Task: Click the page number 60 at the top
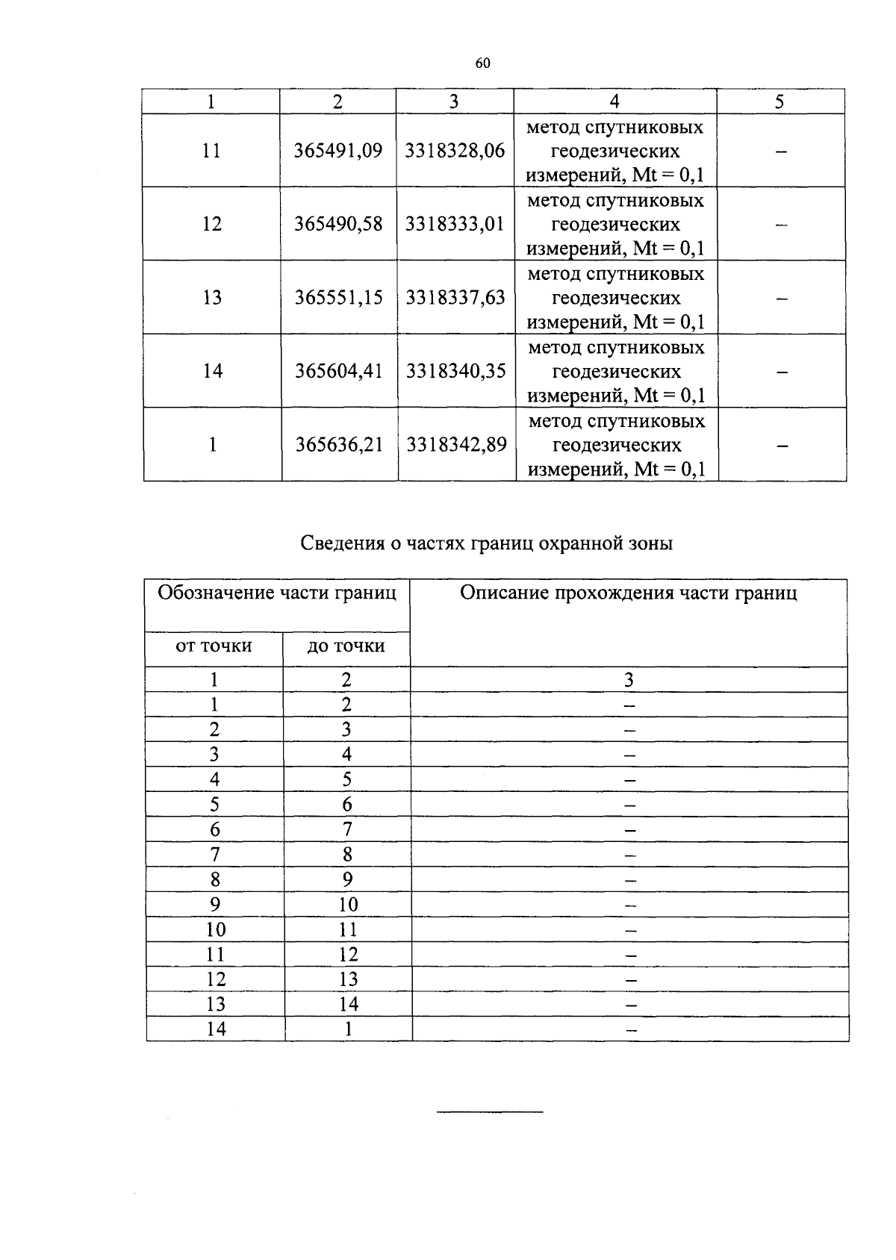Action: click(x=482, y=63)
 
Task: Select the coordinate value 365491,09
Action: click(x=338, y=151)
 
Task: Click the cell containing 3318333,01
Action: click(x=455, y=224)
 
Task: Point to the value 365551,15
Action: click(x=339, y=298)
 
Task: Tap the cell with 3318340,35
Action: click(x=455, y=371)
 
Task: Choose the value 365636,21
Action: click(x=339, y=445)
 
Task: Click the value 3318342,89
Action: click(x=456, y=445)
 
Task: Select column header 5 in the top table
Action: click(x=779, y=102)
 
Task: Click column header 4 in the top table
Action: click(x=615, y=102)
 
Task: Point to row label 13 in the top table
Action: click(x=212, y=298)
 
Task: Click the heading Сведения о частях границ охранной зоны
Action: click(x=487, y=543)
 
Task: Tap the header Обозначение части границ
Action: click(x=277, y=593)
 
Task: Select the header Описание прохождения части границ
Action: click(x=628, y=593)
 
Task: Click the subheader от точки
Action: click(x=214, y=646)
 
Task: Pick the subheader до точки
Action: click(x=346, y=646)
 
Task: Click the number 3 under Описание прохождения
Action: click(x=629, y=679)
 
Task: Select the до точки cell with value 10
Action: click(x=348, y=905)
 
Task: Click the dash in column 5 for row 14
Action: click(x=781, y=371)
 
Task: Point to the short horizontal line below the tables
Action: click(x=490, y=1113)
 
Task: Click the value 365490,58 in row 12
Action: click(x=338, y=224)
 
